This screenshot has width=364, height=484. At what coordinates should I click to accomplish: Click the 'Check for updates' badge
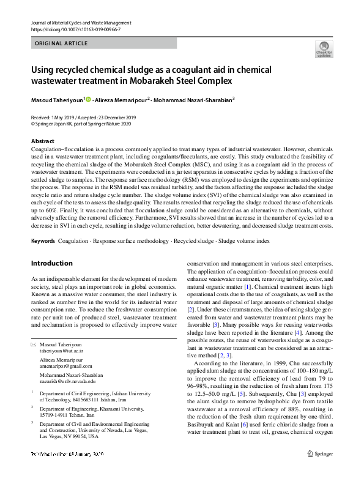coord(323,49)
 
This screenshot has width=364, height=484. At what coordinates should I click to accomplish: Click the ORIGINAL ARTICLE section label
coord(62,44)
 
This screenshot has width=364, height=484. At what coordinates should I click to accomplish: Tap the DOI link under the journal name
coord(67,29)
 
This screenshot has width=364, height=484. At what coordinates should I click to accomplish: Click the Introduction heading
coord(51,264)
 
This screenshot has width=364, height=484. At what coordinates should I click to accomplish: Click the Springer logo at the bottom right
coord(322,471)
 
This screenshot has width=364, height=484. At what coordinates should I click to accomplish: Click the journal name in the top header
coord(80,23)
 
